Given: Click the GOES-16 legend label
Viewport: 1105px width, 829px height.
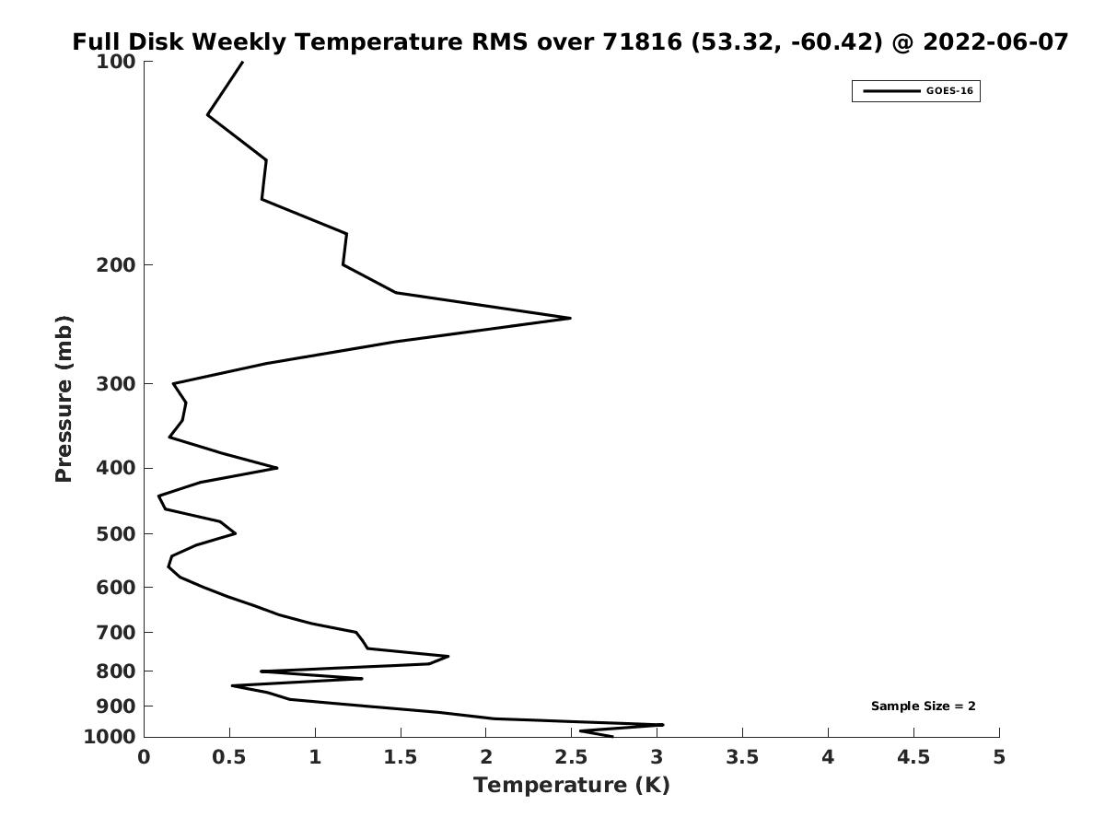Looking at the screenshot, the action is [x=949, y=91].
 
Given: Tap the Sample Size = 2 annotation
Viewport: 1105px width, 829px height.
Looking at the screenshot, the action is [x=924, y=706].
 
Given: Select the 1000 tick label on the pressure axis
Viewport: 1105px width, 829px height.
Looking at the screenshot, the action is [x=110, y=737].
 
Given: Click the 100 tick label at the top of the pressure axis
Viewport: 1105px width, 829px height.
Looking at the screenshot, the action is [x=116, y=62].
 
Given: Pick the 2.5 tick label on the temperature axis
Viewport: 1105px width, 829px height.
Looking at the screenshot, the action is [x=572, y=757].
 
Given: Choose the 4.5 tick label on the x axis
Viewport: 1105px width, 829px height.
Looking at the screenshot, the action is [x=913, y=757].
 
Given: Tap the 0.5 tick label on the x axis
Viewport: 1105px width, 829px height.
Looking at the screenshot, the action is [x=229, y=757].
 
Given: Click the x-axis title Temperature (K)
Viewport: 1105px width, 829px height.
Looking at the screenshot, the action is [x=572, y=785].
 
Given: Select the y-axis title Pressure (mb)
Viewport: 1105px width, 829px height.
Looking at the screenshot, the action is [x=64, y=399].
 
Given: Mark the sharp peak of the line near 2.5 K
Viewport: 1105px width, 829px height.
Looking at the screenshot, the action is [x=570, y=318].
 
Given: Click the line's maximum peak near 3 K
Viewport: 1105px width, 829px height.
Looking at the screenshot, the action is [x=662, y=725].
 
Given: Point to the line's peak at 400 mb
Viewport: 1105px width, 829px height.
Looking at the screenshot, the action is [x=277, y=468].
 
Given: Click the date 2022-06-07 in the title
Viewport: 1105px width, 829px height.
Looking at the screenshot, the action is [x=995, y=41].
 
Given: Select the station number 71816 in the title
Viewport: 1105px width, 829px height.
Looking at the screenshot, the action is [x=643, y=41].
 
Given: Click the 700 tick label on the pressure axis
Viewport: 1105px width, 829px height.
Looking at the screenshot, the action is [x=116, y=632].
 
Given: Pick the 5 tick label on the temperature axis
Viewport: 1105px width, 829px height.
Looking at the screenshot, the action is [x=999, y=757].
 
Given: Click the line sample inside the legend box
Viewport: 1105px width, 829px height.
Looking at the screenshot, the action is [x=891, y=91].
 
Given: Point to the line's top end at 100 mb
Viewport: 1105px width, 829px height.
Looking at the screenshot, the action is [x=243, y=62].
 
